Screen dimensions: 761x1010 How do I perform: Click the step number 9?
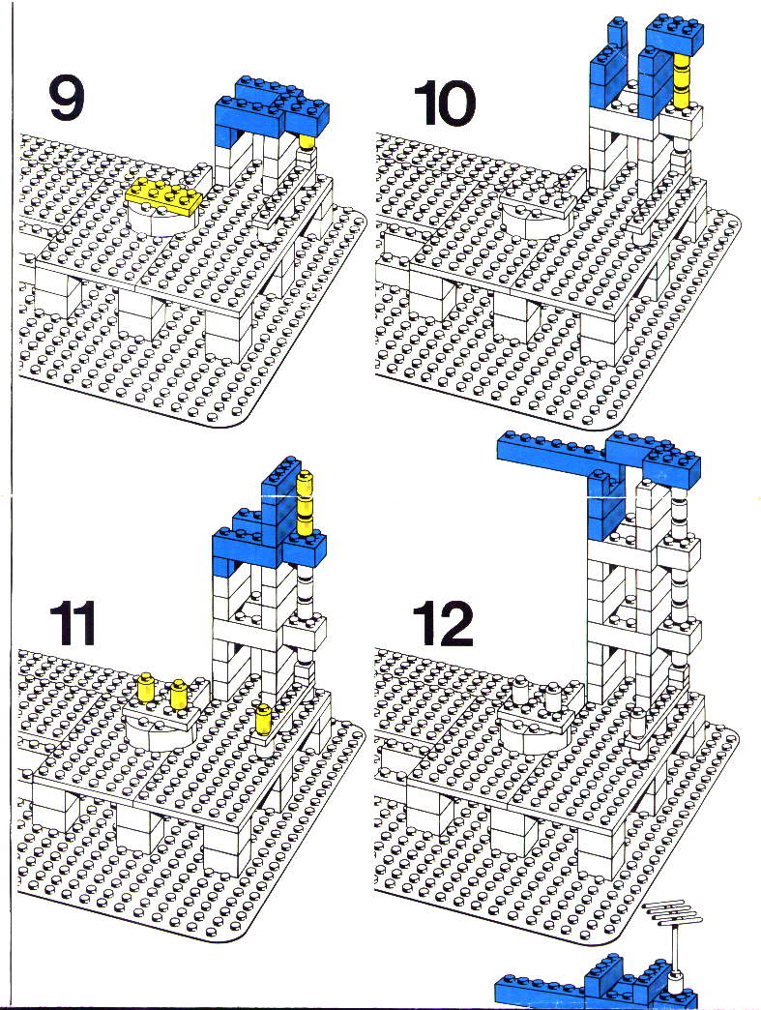tap(67, 100)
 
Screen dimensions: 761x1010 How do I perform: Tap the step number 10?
tap(444, 104)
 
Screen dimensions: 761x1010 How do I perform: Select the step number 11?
tap(73, 623)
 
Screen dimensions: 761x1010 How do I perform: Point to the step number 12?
tap(444, 624)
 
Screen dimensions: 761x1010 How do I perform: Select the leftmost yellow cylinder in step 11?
tap(146, 687)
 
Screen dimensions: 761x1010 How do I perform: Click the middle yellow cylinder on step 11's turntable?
tap(178, 694)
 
